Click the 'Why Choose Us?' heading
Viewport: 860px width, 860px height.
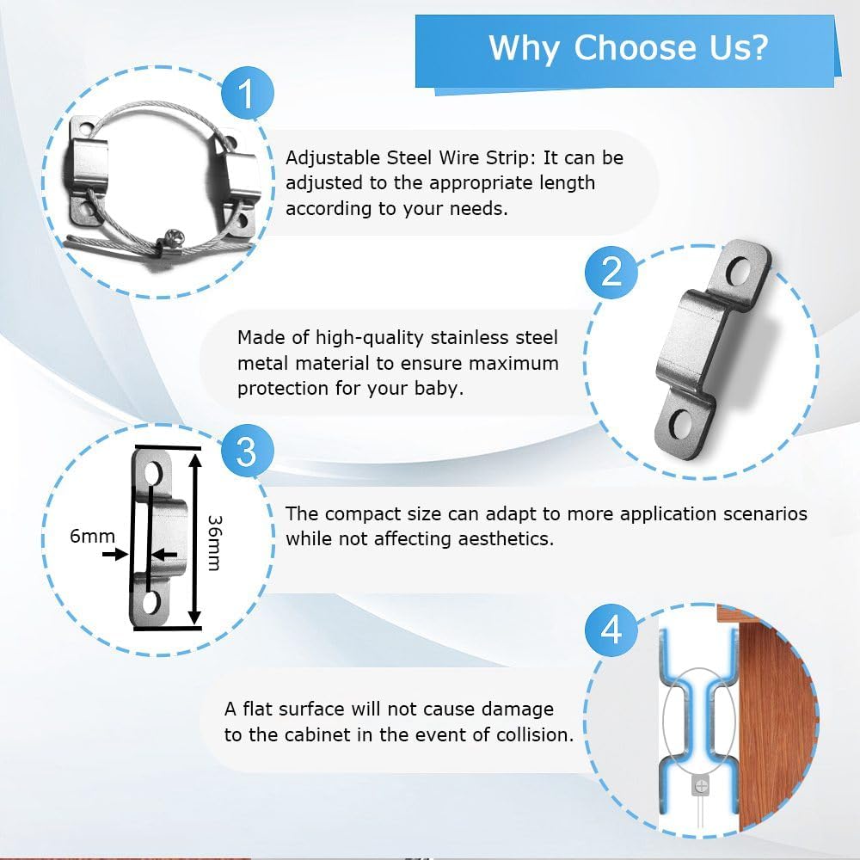coord(628,48)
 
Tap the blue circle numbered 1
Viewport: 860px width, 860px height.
coord(248,93)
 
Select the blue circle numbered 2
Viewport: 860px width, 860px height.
coord(611,272)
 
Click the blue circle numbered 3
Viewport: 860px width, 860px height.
coord(247,451)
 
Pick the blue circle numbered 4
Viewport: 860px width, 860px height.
coord(611,630)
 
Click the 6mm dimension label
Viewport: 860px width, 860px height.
coord(92,536)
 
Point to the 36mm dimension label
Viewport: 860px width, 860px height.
coord(215,543)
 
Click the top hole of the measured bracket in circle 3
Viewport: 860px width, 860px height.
coord(151,473)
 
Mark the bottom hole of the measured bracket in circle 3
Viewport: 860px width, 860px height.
coord(150,603)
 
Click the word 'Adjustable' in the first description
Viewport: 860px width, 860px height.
coord(333,158)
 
